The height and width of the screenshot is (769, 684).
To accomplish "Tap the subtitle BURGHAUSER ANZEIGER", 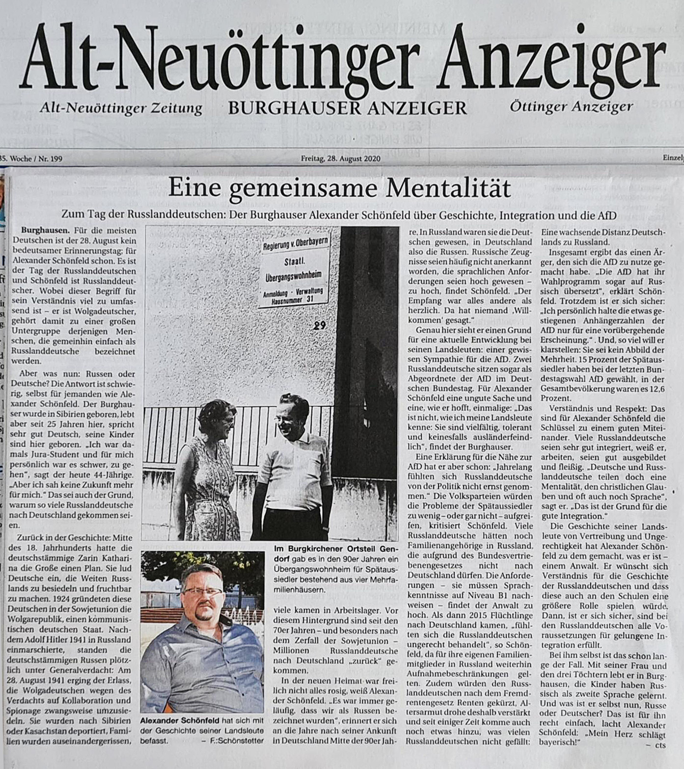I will click(347, 107).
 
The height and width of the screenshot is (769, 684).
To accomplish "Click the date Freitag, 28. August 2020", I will click(341, 159).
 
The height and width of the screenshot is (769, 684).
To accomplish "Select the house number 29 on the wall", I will click(320, 325).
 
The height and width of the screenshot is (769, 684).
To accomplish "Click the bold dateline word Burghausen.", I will click(46, 230).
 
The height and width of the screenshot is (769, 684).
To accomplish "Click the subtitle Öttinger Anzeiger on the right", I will click(571, 106).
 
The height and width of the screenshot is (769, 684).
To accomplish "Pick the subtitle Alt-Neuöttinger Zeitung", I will click(121, 107).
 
